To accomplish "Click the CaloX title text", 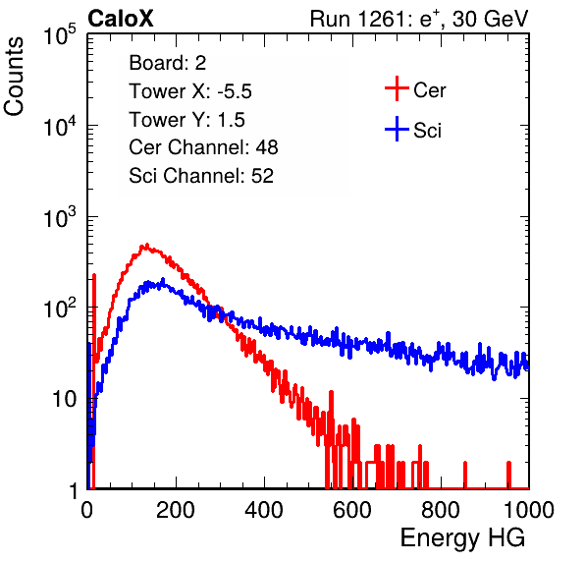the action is [121, 19].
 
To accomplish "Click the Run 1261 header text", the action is [419, 19].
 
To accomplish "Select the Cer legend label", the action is [429, 90].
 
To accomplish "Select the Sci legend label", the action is [427, 131].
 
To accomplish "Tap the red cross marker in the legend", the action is [397, 88].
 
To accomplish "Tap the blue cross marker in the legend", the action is [397, 129].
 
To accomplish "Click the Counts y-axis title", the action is [14, 77].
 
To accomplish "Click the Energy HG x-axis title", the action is [462, 538].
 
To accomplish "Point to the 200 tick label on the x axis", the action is [176, 510].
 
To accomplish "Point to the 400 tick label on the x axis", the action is [264, 510].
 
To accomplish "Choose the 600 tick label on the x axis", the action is [352, 510].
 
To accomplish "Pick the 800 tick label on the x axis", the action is [441, 510].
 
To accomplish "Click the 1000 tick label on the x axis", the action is [529, 510].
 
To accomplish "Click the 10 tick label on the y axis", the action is [66, 399].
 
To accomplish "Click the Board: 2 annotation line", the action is [168, 63].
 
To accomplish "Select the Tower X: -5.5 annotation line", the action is [190, 91].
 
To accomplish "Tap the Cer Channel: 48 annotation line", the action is [203, 147].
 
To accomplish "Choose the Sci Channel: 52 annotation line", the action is [201, 176].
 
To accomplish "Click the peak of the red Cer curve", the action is [146, 246].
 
